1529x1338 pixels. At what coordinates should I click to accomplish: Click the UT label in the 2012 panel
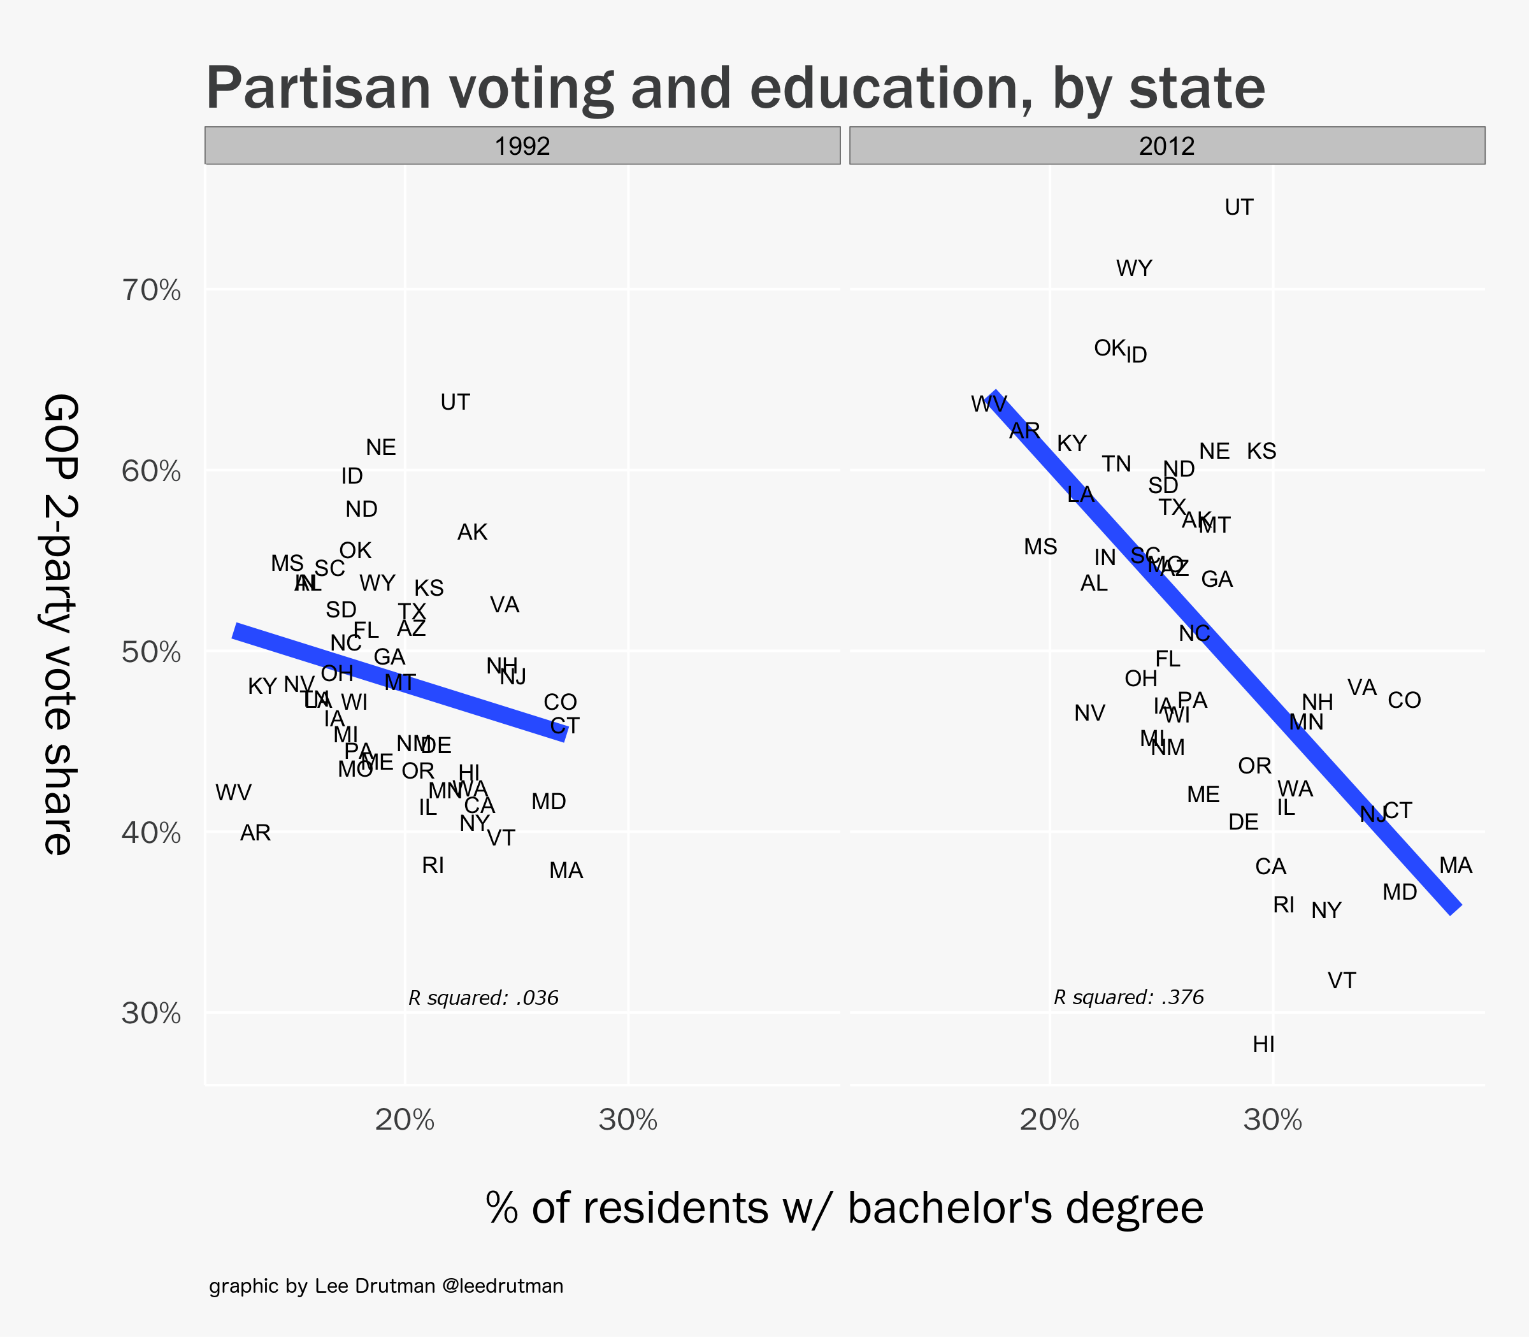1239,208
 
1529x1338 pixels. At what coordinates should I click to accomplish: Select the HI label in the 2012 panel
1263,1044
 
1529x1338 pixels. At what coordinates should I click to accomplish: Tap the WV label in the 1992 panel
234,793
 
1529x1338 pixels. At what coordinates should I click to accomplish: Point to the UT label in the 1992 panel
456,403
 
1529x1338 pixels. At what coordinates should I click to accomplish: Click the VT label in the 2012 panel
1342,981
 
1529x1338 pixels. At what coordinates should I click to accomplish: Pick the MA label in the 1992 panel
566,870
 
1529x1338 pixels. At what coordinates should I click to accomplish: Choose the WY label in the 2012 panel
1134,268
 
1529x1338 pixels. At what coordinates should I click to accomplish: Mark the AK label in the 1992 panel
472,533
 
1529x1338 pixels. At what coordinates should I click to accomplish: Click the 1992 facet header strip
522,146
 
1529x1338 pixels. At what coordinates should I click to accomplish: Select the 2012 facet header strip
1167,146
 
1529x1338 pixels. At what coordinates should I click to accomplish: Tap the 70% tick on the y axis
152,291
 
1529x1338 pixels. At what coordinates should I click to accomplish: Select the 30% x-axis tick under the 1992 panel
628,1121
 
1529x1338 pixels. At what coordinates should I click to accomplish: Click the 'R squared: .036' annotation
484,998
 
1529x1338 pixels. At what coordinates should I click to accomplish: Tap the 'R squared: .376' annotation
1129,998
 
